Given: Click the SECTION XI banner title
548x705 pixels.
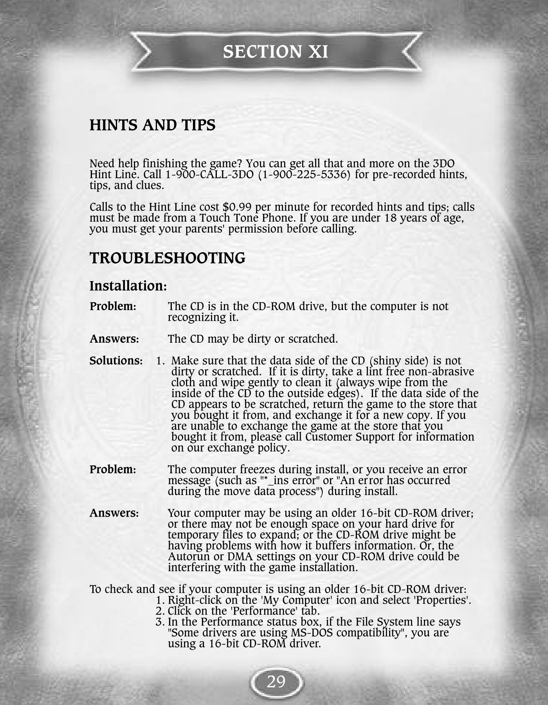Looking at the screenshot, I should (x=276, y=51).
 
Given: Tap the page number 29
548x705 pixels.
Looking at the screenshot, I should (x=276, y=682).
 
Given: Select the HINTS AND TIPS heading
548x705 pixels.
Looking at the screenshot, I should (x=152, y=125).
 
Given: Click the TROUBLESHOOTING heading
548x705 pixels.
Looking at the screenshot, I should (x=168, y=258).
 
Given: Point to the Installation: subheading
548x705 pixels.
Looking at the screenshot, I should (x=128, y=286).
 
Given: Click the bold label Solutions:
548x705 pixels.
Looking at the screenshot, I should (x=116, y=361).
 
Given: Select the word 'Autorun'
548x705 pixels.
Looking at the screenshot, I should (x=186, y=557).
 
